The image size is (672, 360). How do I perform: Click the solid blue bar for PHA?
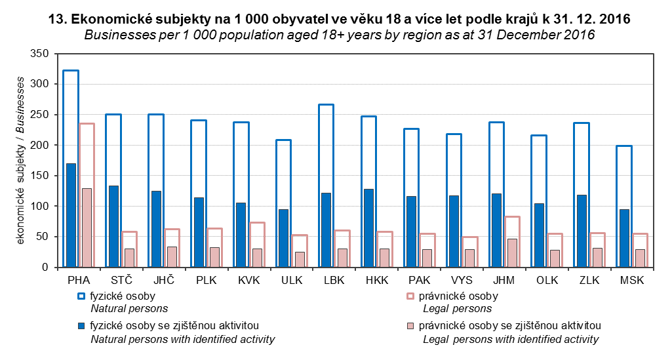coord(71,215)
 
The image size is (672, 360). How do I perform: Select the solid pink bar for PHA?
coord(87,228)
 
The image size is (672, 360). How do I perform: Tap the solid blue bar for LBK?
coord(326,230)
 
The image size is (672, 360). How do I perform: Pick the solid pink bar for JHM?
coord(512,253)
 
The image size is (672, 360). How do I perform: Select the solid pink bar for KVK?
coord(257,258)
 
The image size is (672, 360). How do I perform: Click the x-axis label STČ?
coord(121,281)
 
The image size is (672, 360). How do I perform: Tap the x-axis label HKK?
coord(377,281)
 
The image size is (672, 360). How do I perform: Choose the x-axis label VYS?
coord(462,281)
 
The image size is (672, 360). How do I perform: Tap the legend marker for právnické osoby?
coord(411,296)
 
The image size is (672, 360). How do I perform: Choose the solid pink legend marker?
coord(411,326)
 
